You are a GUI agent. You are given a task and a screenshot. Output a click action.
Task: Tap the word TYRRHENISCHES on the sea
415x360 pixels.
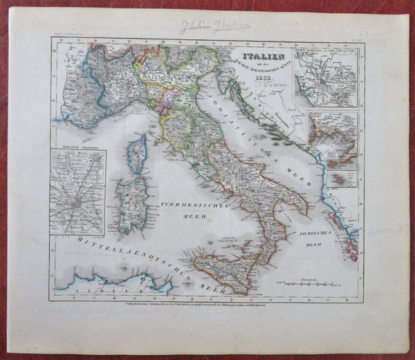[185, 207]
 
